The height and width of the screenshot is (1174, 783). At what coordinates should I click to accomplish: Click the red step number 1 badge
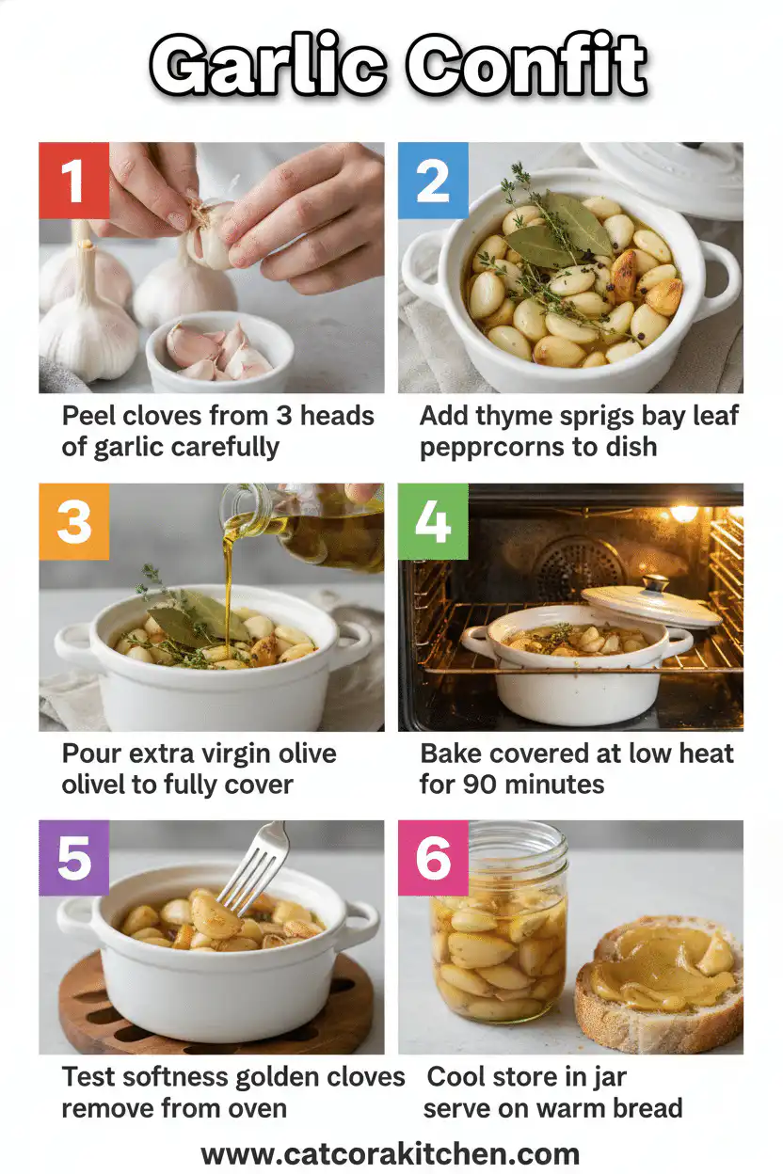click(x=73, y=178)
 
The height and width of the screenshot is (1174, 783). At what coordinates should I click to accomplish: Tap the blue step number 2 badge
click(x=433, y=178)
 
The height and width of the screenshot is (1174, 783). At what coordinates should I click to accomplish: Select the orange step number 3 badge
click(x=73, y=519)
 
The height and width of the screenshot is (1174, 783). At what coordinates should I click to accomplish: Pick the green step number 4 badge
click(x=433, y=519)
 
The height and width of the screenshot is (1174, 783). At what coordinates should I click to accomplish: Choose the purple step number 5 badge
click(x=73, y=856)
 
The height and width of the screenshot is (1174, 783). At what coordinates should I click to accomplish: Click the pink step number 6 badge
click(x=433, y=856)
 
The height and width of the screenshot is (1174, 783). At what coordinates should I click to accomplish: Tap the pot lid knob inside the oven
click(x=655, y=584)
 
